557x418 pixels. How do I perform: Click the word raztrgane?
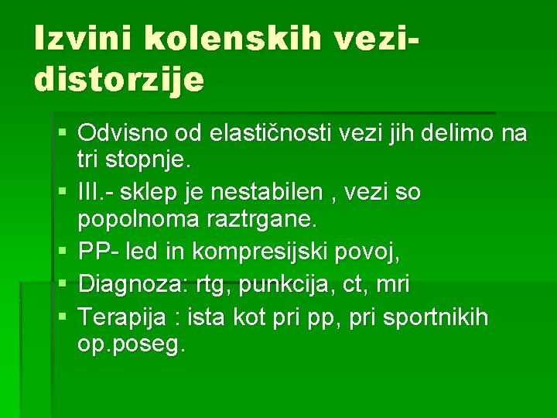click(265, 220)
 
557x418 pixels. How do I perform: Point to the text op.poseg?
click(132, 345)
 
